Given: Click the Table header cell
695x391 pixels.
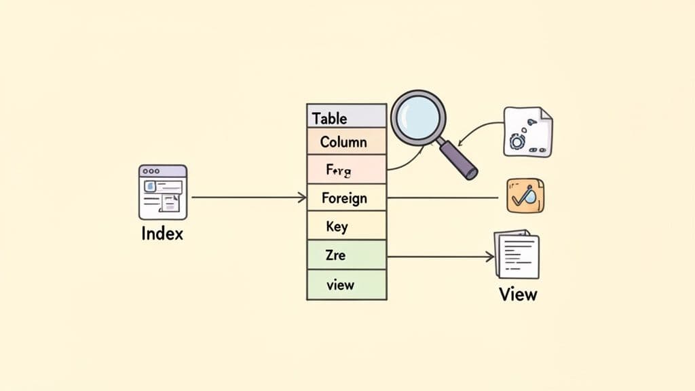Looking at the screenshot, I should tap(346, 117).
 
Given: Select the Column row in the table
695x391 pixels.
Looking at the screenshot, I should tap(346, 142).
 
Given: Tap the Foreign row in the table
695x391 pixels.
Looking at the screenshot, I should tap(346, 198).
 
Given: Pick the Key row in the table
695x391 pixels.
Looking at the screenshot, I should tap(346, 226).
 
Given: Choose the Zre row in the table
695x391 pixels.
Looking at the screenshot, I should tap(346, 255).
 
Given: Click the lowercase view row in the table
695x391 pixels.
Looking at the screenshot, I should tap(346, 284).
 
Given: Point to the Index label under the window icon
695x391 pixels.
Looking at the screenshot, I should tap(162, 234).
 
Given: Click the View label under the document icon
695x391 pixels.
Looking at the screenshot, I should tap(518, 294).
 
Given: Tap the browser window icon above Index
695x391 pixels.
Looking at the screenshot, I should tap(163, 192).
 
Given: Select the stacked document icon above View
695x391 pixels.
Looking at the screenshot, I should tap(517, 255).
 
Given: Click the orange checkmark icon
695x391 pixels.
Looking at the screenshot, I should tap(525, 195).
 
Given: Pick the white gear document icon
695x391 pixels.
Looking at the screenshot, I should tap(527, 132).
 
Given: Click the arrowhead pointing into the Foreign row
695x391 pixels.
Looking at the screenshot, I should tap(303, 198).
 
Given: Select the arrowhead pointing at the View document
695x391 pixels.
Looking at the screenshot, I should tap(490, 257).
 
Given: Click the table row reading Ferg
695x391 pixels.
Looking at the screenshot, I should tap(346, 170).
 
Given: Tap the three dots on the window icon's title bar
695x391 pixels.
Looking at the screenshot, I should tap(152, 172).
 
